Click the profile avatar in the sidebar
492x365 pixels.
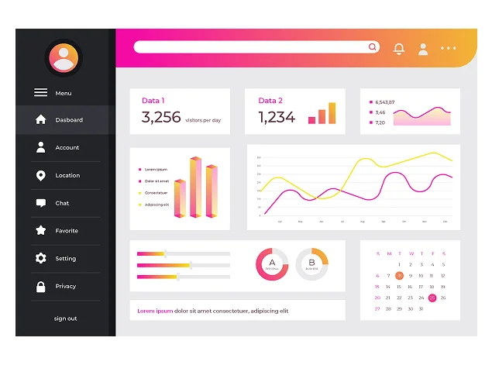coord(64,58)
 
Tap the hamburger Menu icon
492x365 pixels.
coord(40,93)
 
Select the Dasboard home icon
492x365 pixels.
coord(40,120)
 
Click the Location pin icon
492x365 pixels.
coord(40,176)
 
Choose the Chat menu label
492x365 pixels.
coord(62,203)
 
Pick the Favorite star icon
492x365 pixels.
coord(40,231)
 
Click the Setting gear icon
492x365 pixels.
coord(40,259)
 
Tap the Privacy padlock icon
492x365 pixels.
coord(40,287)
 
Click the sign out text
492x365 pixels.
coord(65,319)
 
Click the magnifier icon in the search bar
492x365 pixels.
coord(373,47)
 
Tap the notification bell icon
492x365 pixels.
coord(399,49)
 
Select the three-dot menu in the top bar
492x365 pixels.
coord(448,48)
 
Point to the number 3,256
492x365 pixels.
coord(161,118)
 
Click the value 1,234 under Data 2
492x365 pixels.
coord(277,118)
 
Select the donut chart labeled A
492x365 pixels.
coord(272,264)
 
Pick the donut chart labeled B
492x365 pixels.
coord(311,264)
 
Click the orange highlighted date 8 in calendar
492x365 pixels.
coord(399,275)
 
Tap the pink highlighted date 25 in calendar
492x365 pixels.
coord(432,298)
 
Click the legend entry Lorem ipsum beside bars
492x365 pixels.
coord(155,169)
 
